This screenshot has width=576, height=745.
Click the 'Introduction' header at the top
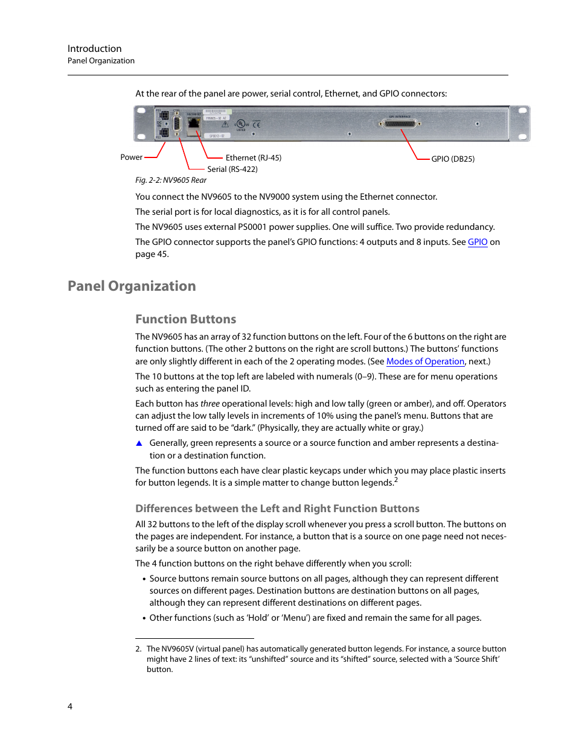tap(94, 48)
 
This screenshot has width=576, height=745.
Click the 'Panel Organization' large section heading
tap(132, 286)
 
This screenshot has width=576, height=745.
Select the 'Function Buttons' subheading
tap(185, 319)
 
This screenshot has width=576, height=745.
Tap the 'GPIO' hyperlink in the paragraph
tap(477, 242)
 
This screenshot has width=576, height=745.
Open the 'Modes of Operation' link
tap(425, 361)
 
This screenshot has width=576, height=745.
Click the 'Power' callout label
tap(131, 157)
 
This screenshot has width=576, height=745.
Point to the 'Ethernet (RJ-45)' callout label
tap(253, 157)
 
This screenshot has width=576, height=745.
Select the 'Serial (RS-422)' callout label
tap(232, 169)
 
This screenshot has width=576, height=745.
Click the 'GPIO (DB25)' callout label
tap(452, 159)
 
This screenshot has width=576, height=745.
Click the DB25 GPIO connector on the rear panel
tap(399, 124)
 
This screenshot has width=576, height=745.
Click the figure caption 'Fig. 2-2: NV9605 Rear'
tap(170, 180)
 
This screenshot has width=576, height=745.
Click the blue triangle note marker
tap(139, 443)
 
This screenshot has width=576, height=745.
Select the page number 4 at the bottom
tap(70, 706)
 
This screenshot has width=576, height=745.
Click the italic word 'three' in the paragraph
tap(210, 404)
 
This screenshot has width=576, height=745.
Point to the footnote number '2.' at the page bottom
tap(138, 649)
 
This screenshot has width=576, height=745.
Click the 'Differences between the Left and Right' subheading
tap(277, 509)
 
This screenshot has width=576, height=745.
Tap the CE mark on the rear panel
tap(257, 124)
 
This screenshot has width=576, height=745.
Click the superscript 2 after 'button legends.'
tap(396, 480)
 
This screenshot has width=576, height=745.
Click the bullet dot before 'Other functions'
tap(144, 618)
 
